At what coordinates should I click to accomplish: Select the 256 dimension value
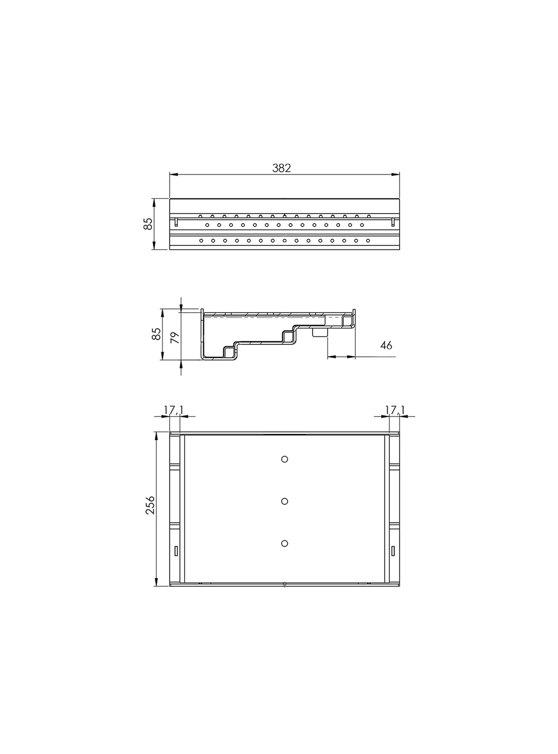click(150, 505)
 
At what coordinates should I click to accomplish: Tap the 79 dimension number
click(175, 337)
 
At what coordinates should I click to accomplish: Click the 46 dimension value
click(386, 345)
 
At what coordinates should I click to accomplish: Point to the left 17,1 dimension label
click(173, 410)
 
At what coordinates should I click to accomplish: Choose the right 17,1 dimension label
click(395, 410)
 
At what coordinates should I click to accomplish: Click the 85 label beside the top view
click(148, 224)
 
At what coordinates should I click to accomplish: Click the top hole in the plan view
click(284, 459)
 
